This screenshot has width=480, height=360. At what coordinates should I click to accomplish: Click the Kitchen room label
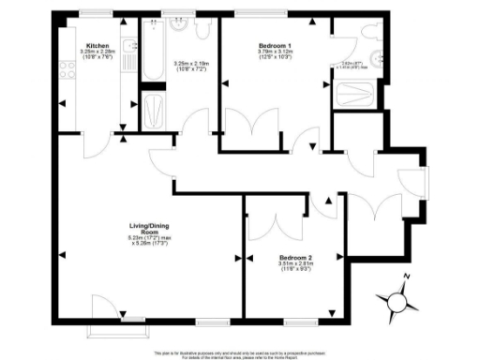97,46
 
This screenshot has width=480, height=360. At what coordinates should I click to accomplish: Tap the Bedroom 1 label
276,45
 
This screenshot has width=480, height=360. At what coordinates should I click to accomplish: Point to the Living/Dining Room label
149,227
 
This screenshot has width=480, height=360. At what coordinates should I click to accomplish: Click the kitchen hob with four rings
67,68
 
